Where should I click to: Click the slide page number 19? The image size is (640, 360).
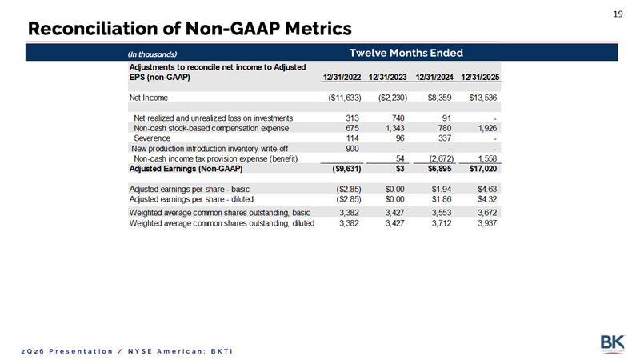(x=618, y=14)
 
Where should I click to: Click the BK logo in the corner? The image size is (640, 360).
(x=612, y=344)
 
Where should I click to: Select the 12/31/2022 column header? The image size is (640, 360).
(x=342, y=77)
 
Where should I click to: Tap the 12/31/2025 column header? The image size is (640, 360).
(x=480, y=77)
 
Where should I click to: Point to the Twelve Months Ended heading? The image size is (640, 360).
(x=406, y=53)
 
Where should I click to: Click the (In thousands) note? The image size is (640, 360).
(x=152, y=54)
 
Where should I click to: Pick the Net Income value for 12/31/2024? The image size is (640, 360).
(x=439, y=98)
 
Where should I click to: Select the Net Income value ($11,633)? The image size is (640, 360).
(x=345, y=98)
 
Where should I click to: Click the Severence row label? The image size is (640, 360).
(x=152, y=138)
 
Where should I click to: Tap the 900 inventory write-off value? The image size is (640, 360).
(x=352, y=149)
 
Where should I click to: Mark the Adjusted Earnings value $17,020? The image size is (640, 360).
(x=483, y=169)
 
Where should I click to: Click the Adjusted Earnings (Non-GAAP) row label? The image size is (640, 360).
(x=186, y=169)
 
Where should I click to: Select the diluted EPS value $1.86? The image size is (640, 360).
(x=442, y=199)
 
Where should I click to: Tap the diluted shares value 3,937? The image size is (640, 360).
(x=487, y=223)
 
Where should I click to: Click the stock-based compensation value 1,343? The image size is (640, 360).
(x=394, y=128)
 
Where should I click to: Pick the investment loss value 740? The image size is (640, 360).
(x=398, y=118)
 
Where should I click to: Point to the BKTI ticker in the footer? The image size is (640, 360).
(x=222, y=351)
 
